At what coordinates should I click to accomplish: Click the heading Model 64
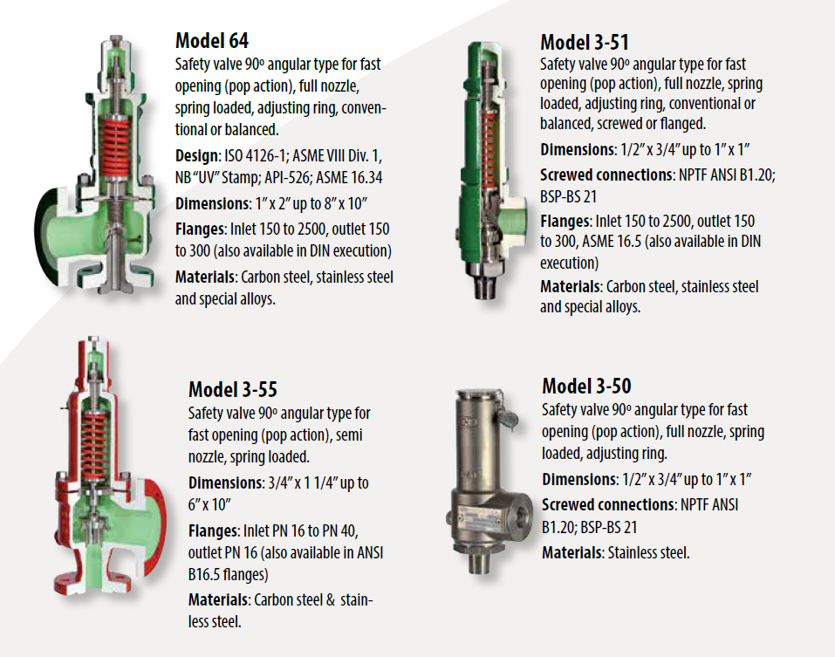(x=212, y=40)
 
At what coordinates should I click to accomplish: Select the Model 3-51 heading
(x=584, y=42)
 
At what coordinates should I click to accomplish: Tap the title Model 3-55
(x=233, y=388)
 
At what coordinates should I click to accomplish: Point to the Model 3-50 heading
(x=586, y=386)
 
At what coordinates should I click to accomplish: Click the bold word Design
(x=197, y=156)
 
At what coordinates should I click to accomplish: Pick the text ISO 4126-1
(x=262, y=156)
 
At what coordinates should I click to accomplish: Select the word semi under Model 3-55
(x=354, y=435)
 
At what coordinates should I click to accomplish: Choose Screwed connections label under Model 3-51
(x=607, y=175)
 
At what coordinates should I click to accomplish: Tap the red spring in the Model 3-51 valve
(x=476, y=141)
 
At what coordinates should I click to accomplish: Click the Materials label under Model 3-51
(x=571, y=286)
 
